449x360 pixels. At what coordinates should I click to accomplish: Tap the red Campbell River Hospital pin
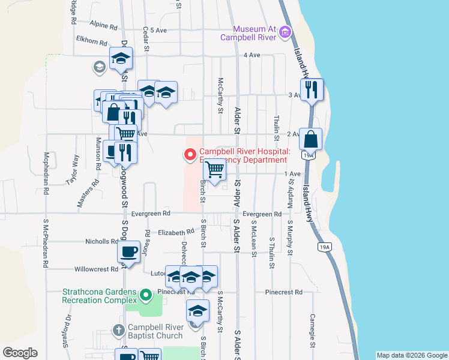[190, 155]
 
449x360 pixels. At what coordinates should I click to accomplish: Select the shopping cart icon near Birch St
[215, 170]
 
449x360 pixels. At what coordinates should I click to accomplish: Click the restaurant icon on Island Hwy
[312, 89]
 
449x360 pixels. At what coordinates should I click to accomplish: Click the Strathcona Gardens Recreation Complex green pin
[145, 295]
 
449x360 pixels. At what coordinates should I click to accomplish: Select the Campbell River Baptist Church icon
[118, 330]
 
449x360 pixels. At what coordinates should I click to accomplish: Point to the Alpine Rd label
[103, 25]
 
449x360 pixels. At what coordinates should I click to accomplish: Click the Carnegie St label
[313, 329]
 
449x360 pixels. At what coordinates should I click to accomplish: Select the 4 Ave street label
[251, 55]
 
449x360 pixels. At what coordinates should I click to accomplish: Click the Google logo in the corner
[20, 353]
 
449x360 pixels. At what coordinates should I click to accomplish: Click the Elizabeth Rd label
[175, 232]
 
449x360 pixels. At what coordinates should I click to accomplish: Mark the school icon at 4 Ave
[121, 59]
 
